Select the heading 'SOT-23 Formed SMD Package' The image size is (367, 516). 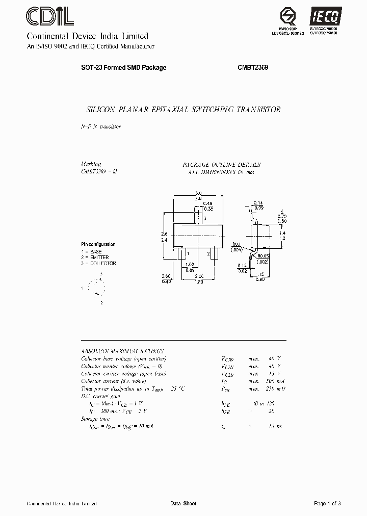click(124, 68)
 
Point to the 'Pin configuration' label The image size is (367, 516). click(98, 244)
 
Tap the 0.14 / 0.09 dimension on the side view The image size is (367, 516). click(258, 205)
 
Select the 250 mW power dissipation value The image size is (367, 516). click(274, 389)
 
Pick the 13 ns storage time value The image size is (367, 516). click(275, 425)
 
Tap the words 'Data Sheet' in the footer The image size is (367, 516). click(183, 504)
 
